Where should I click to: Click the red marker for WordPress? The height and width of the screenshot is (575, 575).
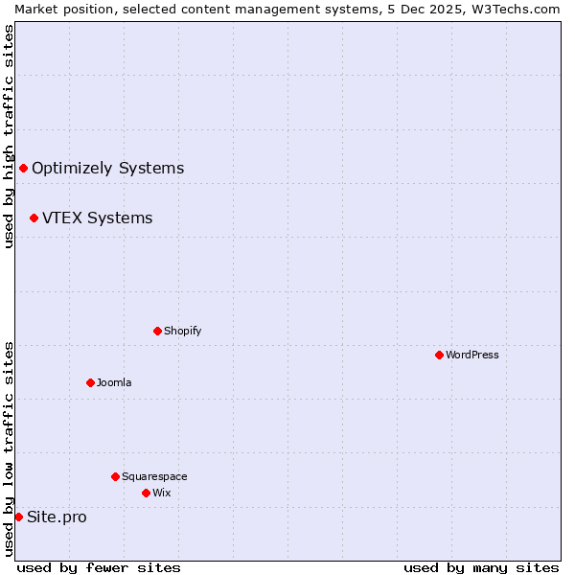439,355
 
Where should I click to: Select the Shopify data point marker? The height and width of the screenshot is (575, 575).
157,331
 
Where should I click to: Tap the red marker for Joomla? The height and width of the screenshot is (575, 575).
90,382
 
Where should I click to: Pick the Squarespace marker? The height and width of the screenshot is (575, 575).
115,476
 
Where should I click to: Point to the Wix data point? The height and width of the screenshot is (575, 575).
146,493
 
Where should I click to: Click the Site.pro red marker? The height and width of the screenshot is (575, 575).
18,517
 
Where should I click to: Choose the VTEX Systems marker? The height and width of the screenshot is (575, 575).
34,218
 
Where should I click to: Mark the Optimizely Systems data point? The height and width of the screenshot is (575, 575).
23,168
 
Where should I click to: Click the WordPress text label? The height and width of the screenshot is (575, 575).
472,355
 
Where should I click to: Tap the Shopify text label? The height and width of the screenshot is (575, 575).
182,331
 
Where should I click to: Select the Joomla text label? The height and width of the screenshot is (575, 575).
114,382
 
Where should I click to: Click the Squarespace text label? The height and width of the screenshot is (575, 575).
154,476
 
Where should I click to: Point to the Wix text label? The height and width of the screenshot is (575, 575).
161,493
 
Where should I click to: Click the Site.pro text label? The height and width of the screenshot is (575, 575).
57,517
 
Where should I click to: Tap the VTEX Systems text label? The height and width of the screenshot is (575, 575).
97,218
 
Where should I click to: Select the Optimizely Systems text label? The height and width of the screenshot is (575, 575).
107,169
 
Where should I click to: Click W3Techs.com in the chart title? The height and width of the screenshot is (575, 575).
519,9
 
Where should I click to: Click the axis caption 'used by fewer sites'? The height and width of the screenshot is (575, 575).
99,567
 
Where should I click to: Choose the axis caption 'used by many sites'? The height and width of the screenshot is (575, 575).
481,567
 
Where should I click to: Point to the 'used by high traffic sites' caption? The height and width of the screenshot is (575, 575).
9,136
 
